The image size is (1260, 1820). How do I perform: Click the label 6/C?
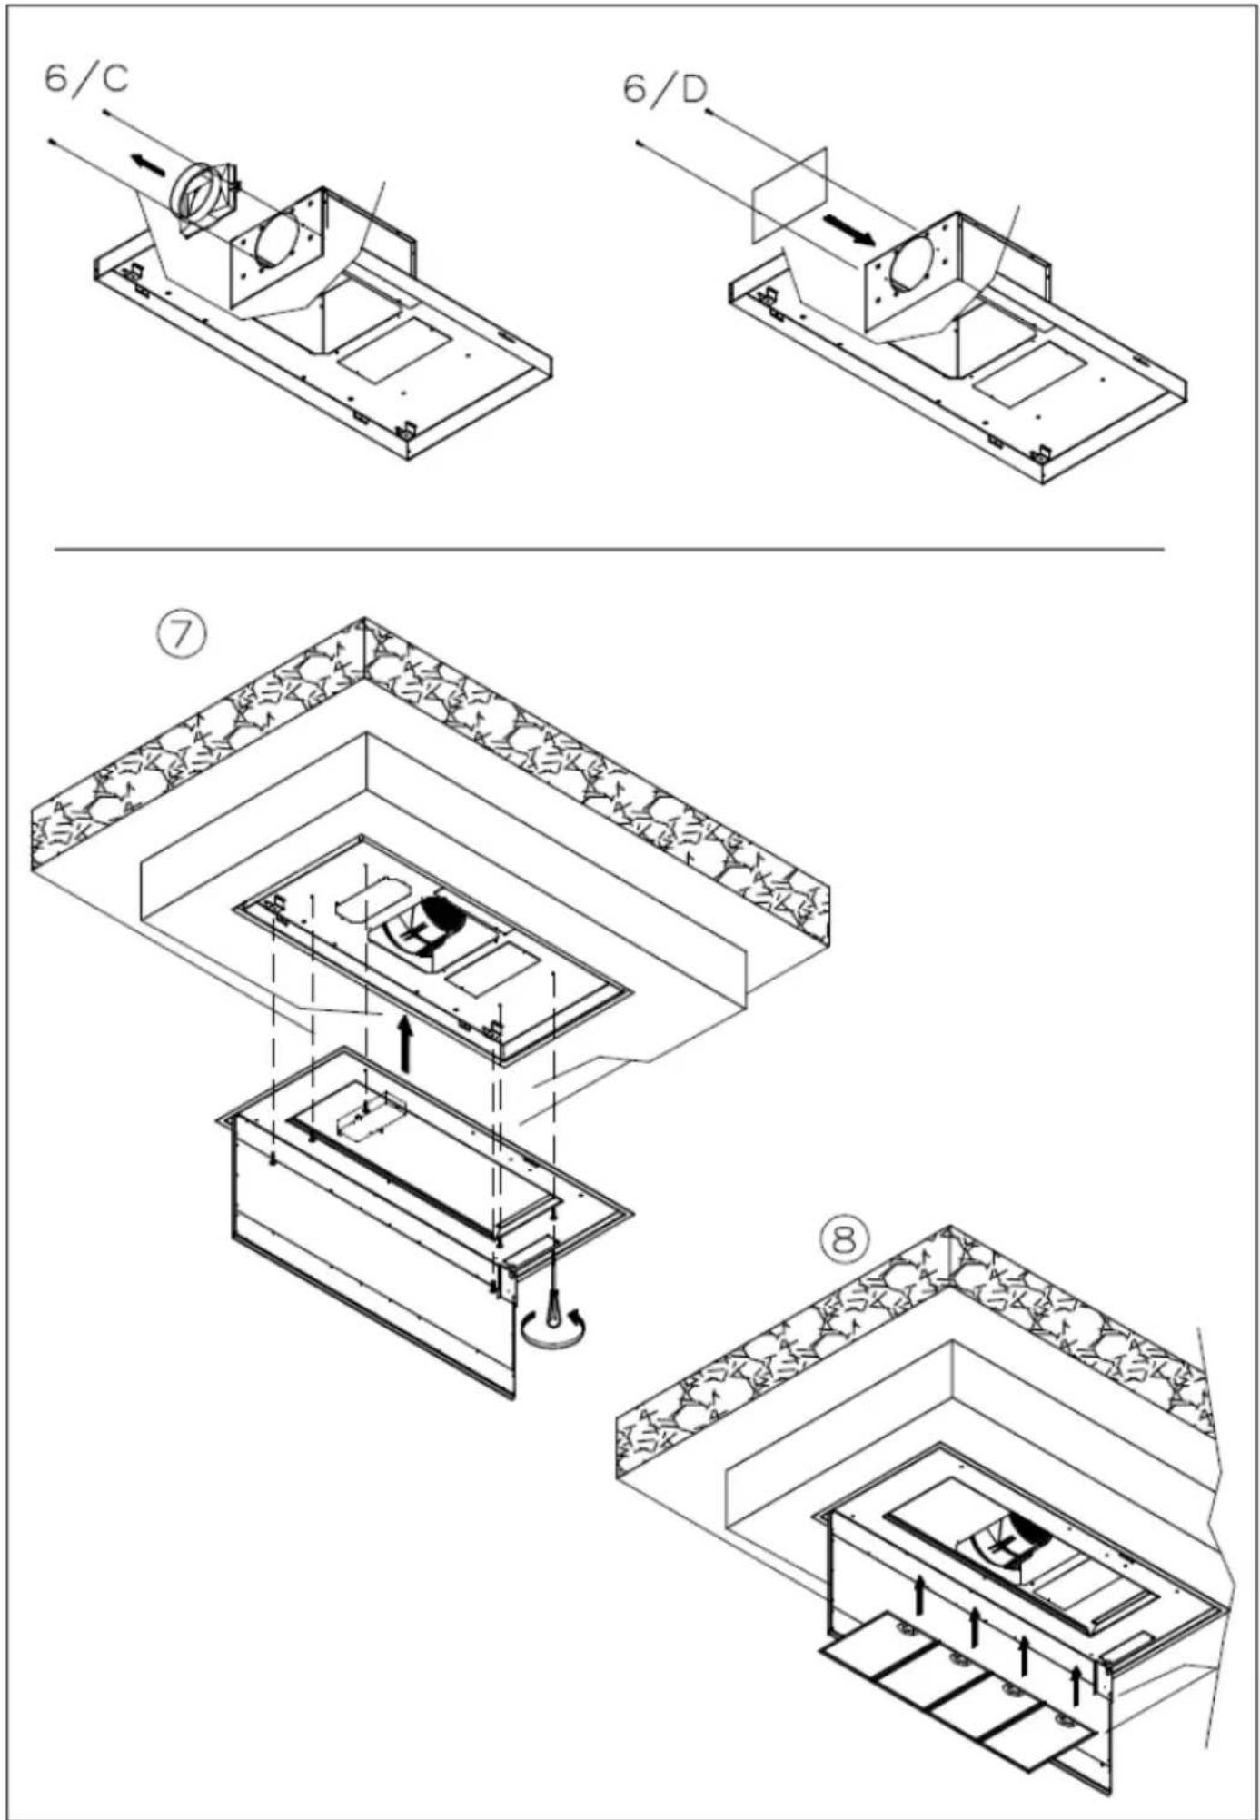tap(86, 79)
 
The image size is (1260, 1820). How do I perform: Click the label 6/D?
tap(665, 89)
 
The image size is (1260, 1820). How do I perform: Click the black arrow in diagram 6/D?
tap(850, 230)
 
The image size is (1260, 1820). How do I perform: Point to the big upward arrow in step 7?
tap(405, 1046)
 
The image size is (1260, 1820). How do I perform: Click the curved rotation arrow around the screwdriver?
tap(553, 1331)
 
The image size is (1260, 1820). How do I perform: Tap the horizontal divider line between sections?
tap(609, 549)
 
